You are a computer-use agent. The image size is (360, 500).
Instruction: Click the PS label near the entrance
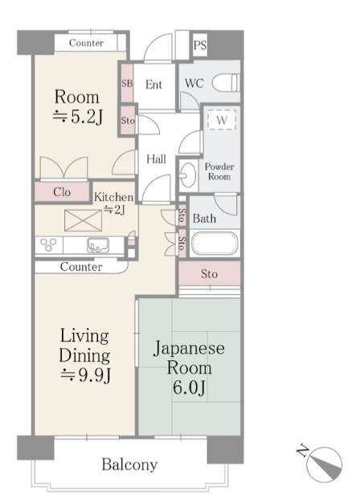click(x=200, y=46)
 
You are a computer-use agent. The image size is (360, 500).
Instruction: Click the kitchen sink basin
click(x=98, y=245)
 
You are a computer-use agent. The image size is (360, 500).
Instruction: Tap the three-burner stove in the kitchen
click(x=48, y=245)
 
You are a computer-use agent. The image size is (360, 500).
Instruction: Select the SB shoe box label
click(x=127, y=84)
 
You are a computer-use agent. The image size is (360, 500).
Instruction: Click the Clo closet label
click(x=61, y=192)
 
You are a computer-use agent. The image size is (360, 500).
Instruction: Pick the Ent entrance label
click(x=154, y=84)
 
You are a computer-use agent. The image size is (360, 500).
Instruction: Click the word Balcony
click(x=129, y=465)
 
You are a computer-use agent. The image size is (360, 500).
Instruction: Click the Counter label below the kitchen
click(x=81, y=267)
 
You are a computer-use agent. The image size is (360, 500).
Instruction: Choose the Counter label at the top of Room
click(x=86, y=43)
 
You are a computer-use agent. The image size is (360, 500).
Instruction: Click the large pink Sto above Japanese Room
click(x=209, y=274)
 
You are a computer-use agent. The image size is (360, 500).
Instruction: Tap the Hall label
click(x=156, y=159)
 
